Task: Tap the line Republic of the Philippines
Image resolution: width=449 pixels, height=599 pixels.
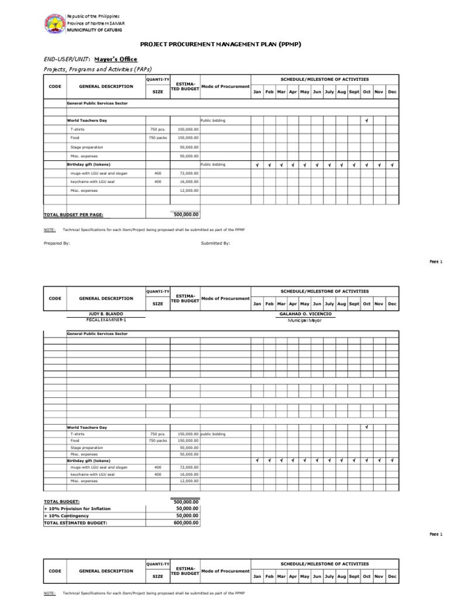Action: point(94,15)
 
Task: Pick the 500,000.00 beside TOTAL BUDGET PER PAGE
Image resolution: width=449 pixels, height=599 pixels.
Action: point(185,215)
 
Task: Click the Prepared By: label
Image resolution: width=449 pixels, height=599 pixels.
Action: point(57,243)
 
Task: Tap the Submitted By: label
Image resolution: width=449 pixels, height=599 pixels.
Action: point(216,243)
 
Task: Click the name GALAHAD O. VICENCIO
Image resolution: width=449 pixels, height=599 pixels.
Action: point(306,314)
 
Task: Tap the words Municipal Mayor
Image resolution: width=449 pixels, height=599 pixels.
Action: point(305,321)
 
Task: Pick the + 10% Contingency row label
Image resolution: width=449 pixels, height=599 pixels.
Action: point(70,516)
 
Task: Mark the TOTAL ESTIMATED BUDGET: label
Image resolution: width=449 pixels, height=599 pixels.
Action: point(75,523)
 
